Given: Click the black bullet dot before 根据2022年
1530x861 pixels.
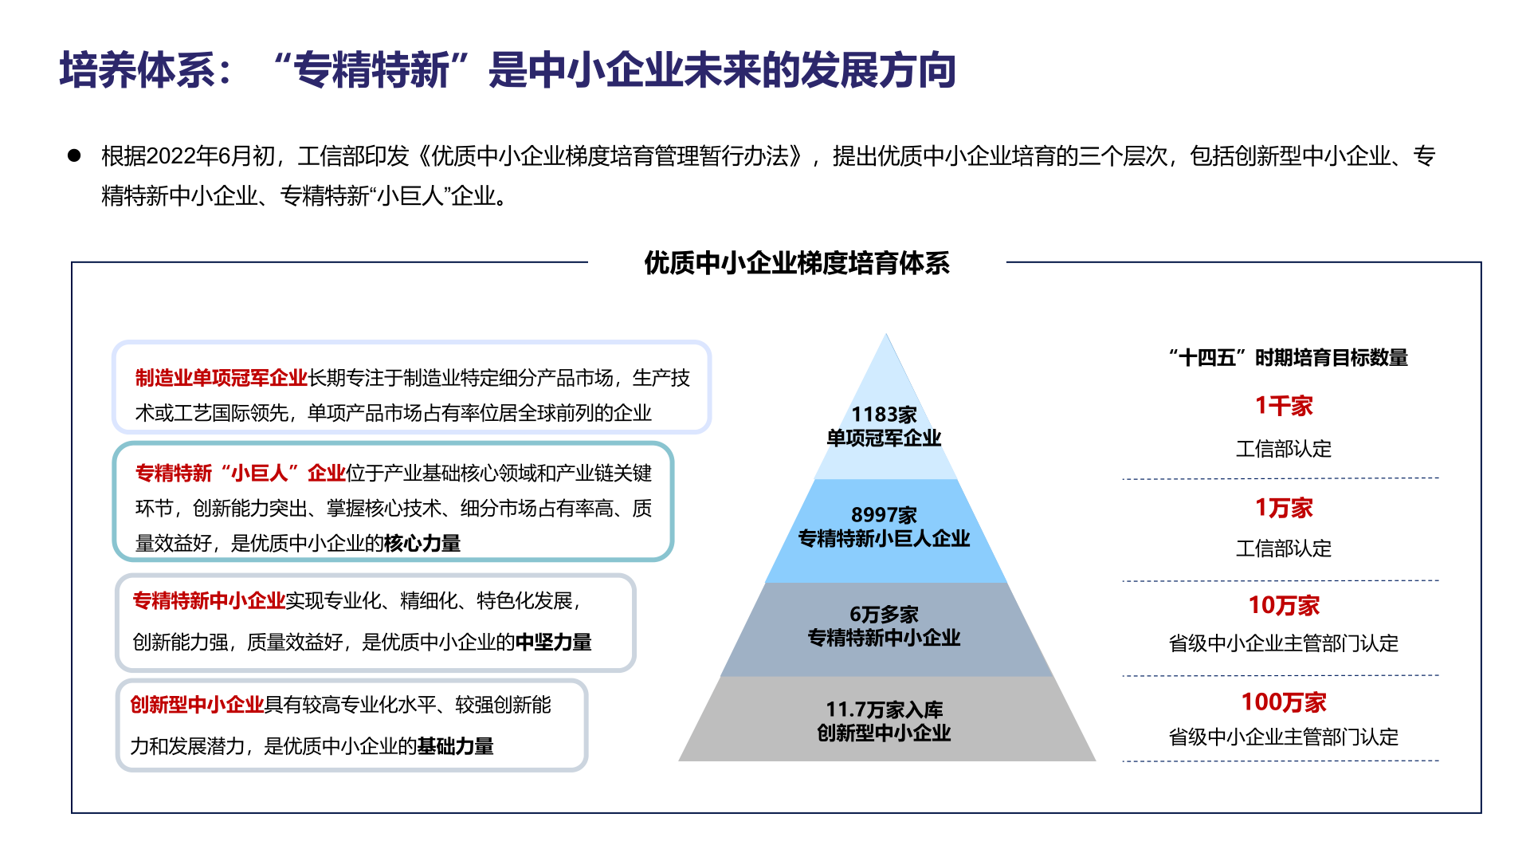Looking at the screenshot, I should tap(74, 155).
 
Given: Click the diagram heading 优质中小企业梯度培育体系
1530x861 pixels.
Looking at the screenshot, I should tap(796, 263).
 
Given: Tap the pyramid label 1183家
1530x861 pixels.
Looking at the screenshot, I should tap(884, 415).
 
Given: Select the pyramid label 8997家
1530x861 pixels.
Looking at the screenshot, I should tap(884, 515).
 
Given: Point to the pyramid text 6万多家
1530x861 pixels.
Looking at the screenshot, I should tap(884, 615).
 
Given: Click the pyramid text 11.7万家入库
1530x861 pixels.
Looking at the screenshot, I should tap(884, 710).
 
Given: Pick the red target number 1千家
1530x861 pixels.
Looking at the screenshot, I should tap(1284, 406).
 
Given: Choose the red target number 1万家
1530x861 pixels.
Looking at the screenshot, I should tap(1284, 508).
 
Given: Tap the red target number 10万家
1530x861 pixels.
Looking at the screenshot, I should tap(1284, 606).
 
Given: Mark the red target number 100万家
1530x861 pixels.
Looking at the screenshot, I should tap(1284, 702).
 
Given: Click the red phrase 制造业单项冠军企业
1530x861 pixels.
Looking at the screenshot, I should tap(222, 378).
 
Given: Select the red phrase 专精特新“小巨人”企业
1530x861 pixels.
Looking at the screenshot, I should tap(240, 474).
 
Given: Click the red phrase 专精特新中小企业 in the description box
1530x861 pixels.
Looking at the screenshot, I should tap(209, 601).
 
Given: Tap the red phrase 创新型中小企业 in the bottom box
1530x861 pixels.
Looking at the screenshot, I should tap(197, 705).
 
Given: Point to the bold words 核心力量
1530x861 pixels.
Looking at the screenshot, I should tap(422, 544).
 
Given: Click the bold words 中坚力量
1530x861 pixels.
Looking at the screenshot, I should tap(553, 643).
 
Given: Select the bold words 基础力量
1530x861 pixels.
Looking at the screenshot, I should tap(455, 746).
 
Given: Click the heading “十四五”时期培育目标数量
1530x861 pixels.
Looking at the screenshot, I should tap(1288, 358).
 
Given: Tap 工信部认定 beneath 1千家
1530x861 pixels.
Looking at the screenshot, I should tap(1284, 449).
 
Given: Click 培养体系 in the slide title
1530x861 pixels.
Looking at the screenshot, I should tap(137, 70).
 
